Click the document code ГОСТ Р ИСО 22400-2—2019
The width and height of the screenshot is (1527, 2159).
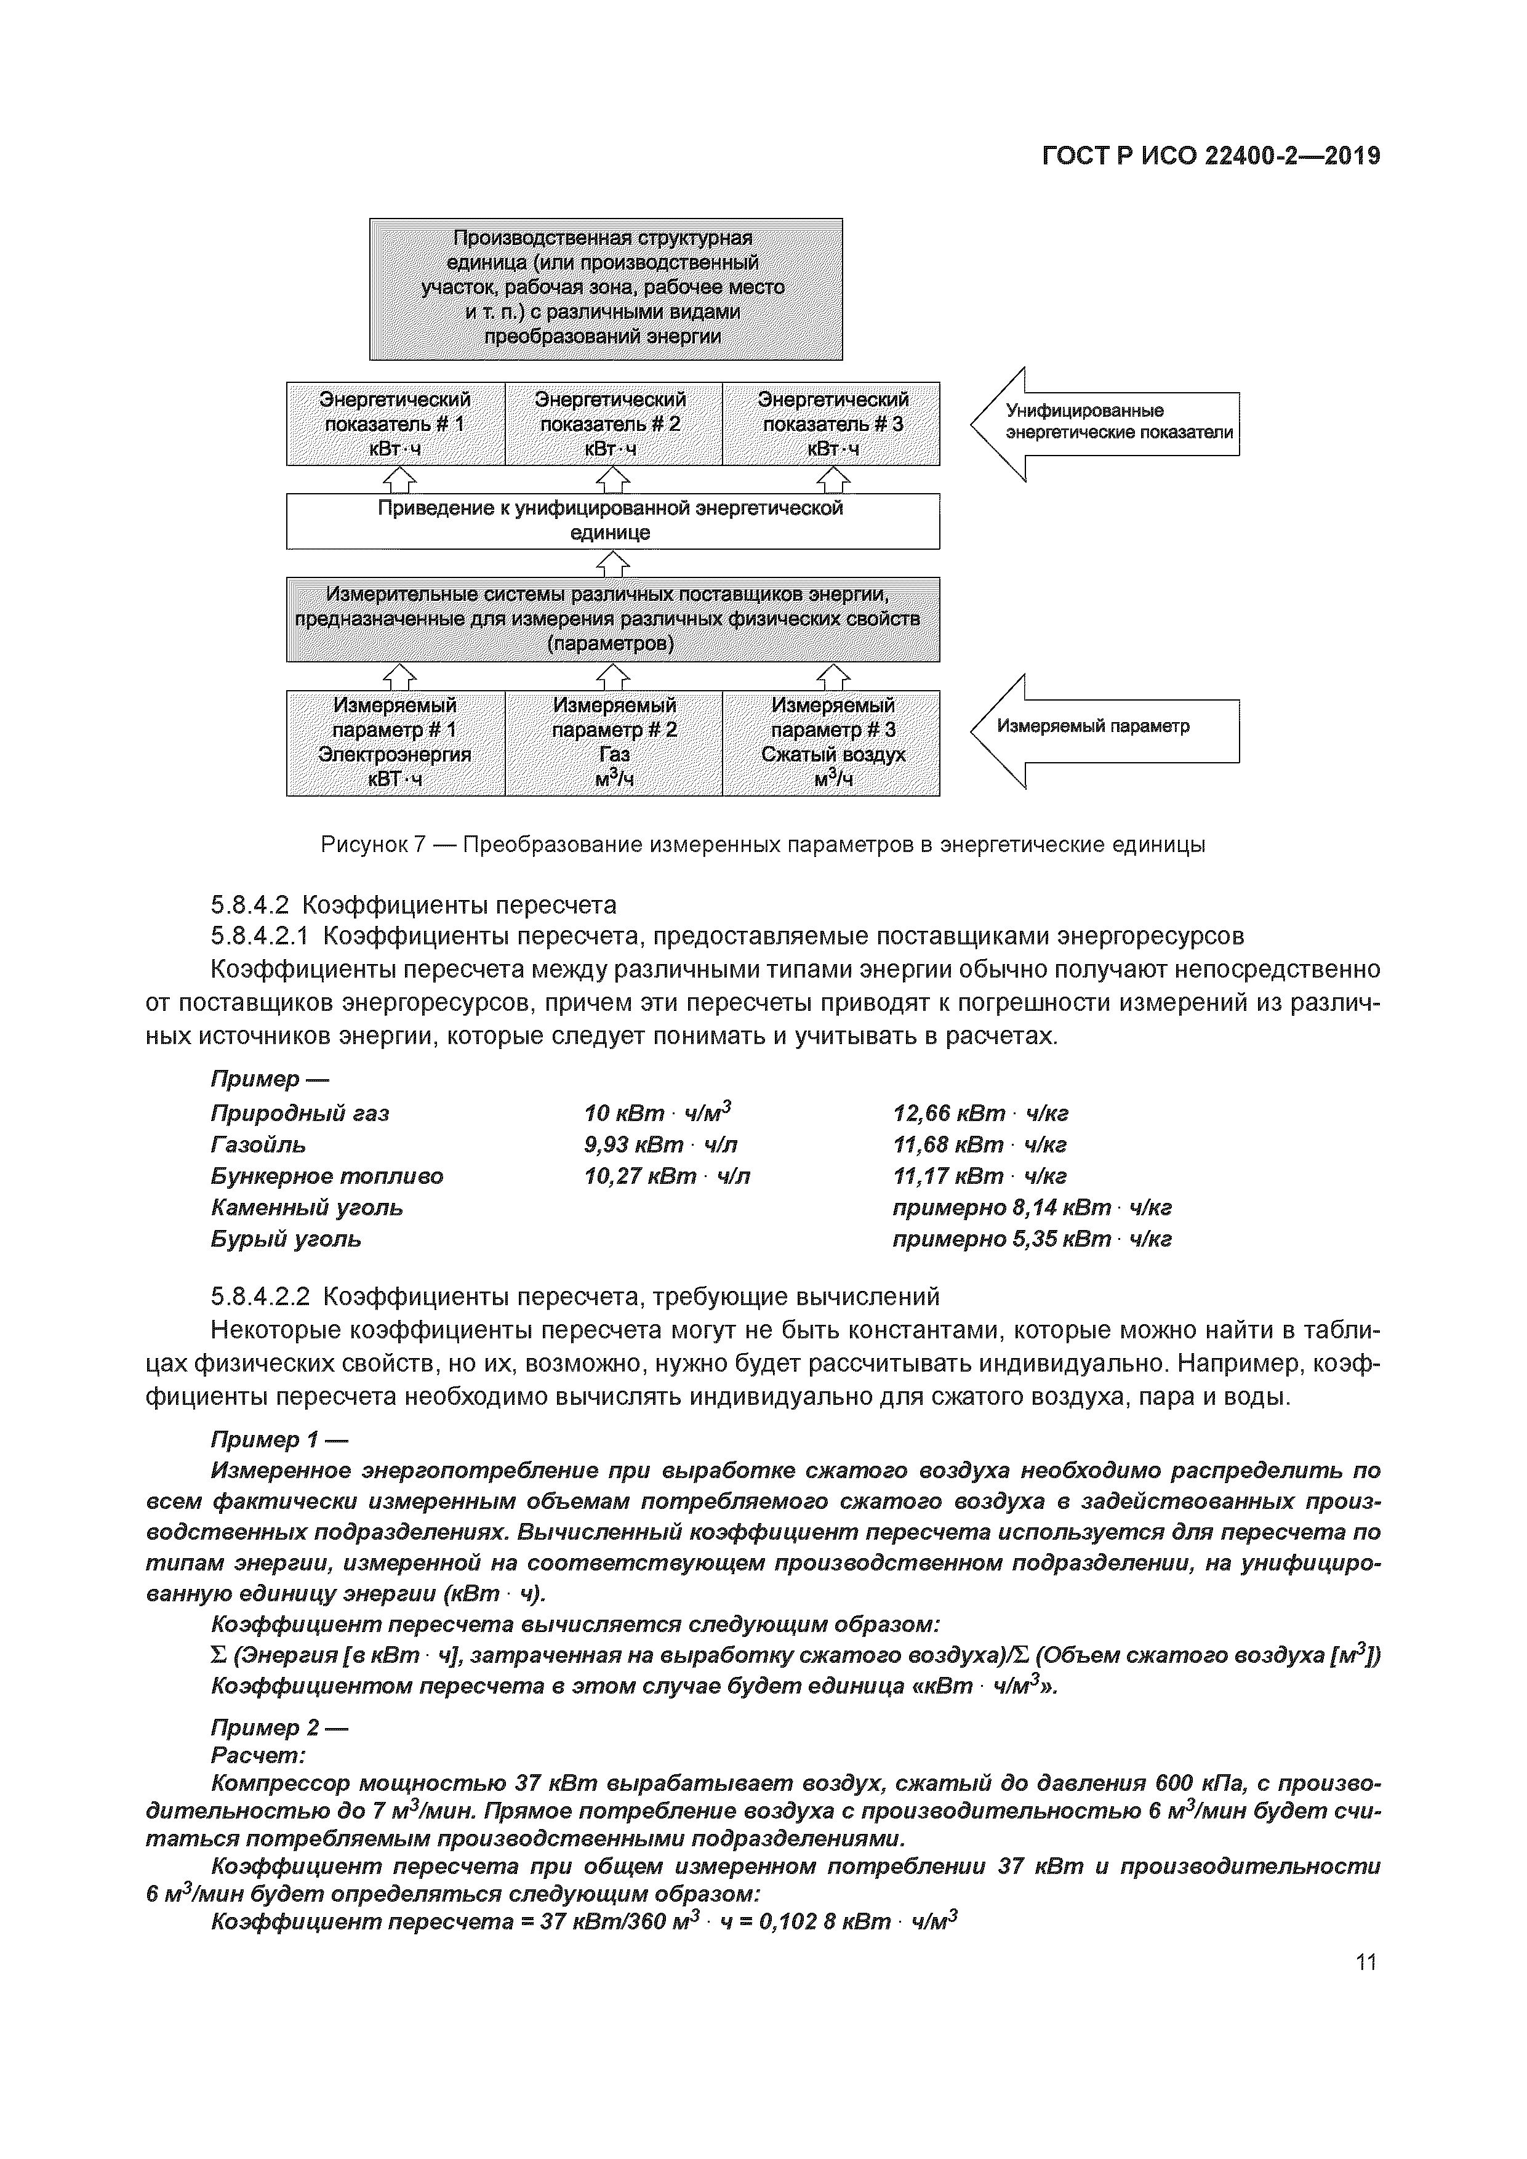coord(1211,156)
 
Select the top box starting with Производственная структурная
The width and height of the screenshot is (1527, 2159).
coord(606,289)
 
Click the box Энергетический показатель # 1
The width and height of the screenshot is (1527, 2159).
coord(395,424)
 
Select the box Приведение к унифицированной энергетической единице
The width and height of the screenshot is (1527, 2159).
coord(612,521)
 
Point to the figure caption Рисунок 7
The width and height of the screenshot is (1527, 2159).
coord(763,845)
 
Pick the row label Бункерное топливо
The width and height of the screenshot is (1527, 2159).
coord(326,1177)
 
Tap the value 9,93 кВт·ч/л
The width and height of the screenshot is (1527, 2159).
coord(667,1145)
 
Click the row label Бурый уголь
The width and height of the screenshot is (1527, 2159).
coord(286,1239)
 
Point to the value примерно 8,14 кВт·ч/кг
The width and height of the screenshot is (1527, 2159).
coord(1032,1208)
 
